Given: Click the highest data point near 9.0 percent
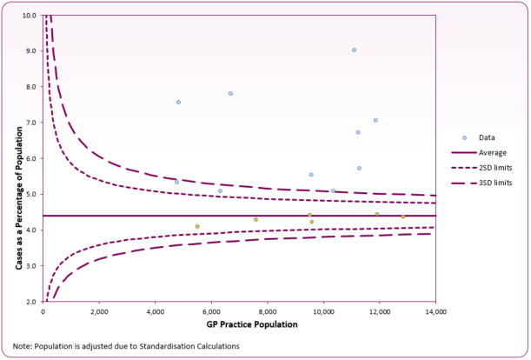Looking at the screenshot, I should click(354, 50).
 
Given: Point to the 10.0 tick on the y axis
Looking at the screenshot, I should click(29, 15).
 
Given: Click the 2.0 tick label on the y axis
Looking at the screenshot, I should click(30, 301).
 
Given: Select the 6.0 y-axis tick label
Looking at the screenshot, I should click(30, 158).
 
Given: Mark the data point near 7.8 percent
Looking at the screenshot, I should click(230, 93).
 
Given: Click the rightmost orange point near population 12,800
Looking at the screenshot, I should click(402, 216).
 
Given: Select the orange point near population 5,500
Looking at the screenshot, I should click(197, 226).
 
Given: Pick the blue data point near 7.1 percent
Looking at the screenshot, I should click(375, 120).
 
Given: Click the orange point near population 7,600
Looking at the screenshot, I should click(256, 219).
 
